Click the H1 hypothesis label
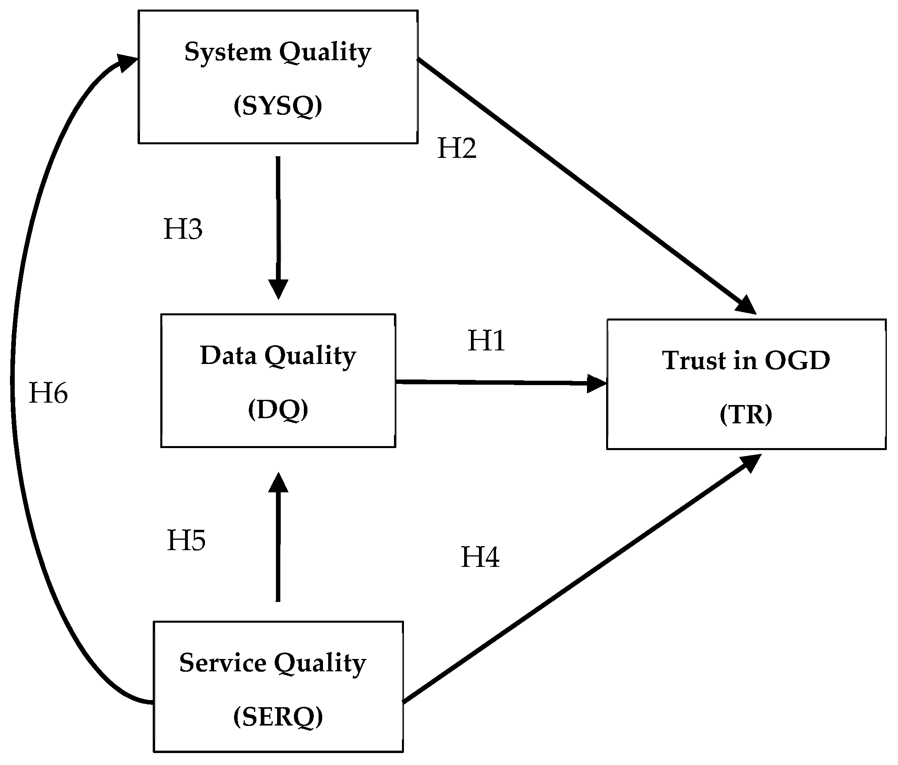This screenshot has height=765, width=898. pyautogui.click(x=486, y=340)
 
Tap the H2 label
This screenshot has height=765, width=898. pyautogui.click(x=457, y=148)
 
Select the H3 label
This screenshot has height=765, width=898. pyautogui.click(x=183, y=229)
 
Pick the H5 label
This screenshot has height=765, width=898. pyautogui.click(x=186, y=541)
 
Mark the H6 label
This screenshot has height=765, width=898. pyautogui.click(x=48, y=393)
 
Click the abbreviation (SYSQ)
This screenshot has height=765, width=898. pyautogui.click(x=278, y=106)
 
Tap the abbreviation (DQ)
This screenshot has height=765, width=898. pyautogui.click(x=278, y=409)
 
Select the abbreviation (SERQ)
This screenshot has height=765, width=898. pyautogui.click(x=278, y=717)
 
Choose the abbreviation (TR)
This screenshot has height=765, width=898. pyautogui.click(x=746, y=415)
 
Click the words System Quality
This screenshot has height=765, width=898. pyautogui.click(x=278, y=52)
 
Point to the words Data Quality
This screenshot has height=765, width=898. pyautogui.click(x=278, y=356)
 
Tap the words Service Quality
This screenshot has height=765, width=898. pyautogui.click(x=273, y=664)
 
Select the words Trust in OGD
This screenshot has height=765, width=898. pyautogui.click(x=746, y=361)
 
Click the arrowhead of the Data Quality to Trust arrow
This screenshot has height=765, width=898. pyautogui.click(x=597, y=383)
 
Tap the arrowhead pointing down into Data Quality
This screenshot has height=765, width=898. pyautogui.click(x=278, y=289)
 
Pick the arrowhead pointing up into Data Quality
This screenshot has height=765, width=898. pyautogui.click(x=278, y=483)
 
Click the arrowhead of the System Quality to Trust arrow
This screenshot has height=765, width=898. pyautogui.click(x=746, y=305)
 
